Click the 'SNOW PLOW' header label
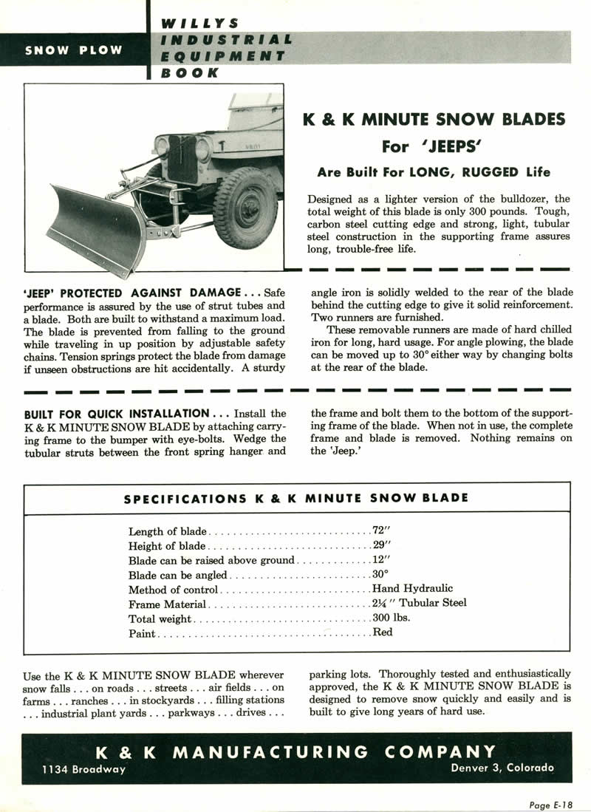click(x=74, y=50)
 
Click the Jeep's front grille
click(x=182, y=158)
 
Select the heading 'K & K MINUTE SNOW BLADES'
click(x=434, y=120)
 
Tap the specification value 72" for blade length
click(x=381, y=531)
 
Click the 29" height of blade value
click(x=381, y=546)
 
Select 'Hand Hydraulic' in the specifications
click(x=413, y=589)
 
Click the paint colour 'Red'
click(x=383, y=632)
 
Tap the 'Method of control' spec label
click(x=173, y=590)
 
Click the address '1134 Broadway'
click(x=84, y=769)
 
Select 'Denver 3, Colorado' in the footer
click(x=502, y=768)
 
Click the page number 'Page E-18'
click(x=550, y=805)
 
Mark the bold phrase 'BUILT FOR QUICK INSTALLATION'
click(x=117, y=414)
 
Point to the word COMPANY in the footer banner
click(x=440, y=752)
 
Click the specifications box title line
click(x=295, y=498)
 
